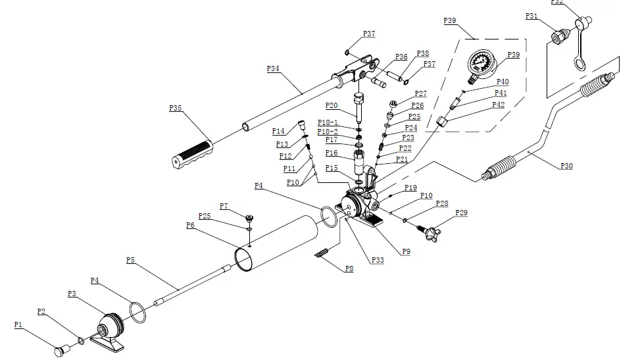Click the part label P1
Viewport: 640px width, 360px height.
[18, 324]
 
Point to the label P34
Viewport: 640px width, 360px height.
[273, 68]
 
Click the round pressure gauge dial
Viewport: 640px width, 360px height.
[480, 64]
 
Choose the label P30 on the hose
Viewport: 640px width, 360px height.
[566, 166]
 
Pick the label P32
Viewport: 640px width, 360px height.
[556, 3]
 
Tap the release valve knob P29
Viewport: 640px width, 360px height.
[435, 230]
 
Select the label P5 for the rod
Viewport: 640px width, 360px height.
[130, 260]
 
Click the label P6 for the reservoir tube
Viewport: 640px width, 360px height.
[190, 225]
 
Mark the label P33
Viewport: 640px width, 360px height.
[378, 260]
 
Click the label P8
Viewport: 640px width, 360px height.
[349, 268]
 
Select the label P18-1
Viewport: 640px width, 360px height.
[327, 122]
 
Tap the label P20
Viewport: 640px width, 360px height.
[332, 105]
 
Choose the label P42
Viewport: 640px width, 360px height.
[499, 105]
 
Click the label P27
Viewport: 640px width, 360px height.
[420, 94]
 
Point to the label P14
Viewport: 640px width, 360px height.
[279, 131]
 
